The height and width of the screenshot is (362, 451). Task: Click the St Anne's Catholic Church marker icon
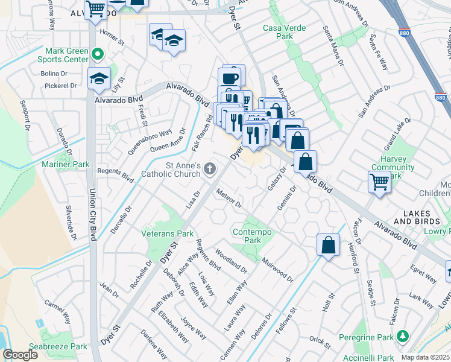(x=210, y=169)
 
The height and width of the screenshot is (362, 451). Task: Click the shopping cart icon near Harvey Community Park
(x=379, y=181)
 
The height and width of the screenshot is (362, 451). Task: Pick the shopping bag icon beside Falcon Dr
(x=328, y=244)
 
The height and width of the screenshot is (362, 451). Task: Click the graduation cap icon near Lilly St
(x=99, y=78)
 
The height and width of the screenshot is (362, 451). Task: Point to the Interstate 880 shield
(x=441, y=97)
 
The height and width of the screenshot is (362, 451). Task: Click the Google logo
(x=20, y=355)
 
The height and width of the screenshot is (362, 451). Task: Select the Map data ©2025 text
(x=424, y=357)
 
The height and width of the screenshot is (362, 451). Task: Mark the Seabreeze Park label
(x=63, y=347)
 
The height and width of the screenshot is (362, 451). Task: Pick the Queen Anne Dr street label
(x=168, y=144)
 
